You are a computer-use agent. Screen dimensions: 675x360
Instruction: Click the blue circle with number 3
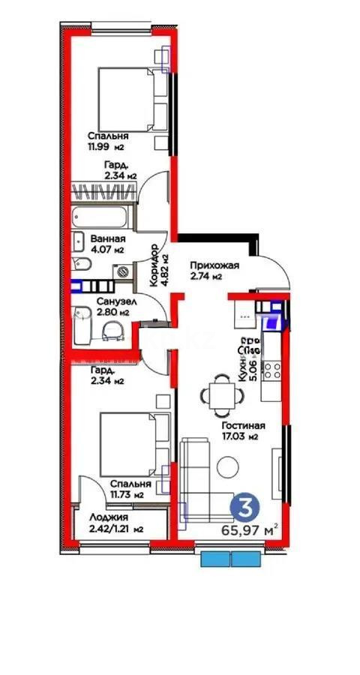pyautogui.click(x=244, y=506)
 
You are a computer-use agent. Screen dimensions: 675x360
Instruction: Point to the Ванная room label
pyautogui.click(x=100, y=240)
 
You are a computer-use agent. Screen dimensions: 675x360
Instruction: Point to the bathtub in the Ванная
pyautogui.click(x=103, y=219)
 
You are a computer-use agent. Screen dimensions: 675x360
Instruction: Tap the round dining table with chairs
pyautogui.click(x=220, y=393)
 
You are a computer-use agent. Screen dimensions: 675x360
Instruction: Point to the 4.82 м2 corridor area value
pyautogui.click(x=165, y=266)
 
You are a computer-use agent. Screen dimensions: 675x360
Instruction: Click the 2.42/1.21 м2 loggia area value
pyautogui.click(x=115, y=529)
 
